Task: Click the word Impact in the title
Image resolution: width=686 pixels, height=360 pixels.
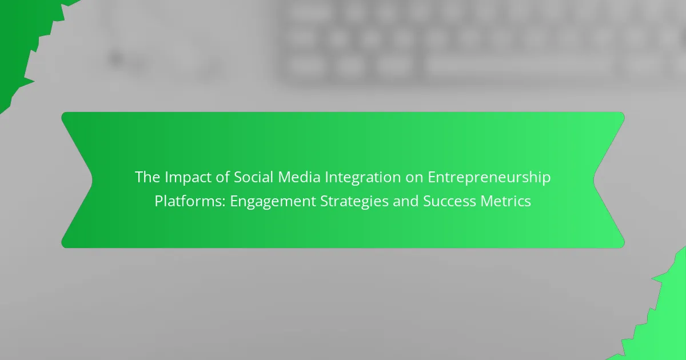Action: [188, 178]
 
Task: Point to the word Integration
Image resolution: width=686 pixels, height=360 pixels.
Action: [362, 178]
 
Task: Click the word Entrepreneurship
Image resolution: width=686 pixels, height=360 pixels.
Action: [489, 178]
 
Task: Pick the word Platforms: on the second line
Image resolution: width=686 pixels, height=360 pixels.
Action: [190, 201]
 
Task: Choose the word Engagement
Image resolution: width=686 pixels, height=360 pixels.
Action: [273, 202]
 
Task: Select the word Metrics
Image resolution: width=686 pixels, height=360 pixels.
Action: [505, 201]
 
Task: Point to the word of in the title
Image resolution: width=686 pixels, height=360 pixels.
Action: [222, 177]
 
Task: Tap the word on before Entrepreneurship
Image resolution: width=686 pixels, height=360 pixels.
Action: [414, 178]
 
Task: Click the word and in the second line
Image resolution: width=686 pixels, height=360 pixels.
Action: [405, 201]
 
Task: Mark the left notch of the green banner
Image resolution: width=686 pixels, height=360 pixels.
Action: [92, 179]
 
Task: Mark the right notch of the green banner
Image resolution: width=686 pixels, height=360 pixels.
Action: [593, 179]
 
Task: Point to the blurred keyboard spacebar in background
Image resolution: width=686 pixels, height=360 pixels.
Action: [517, 65]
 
